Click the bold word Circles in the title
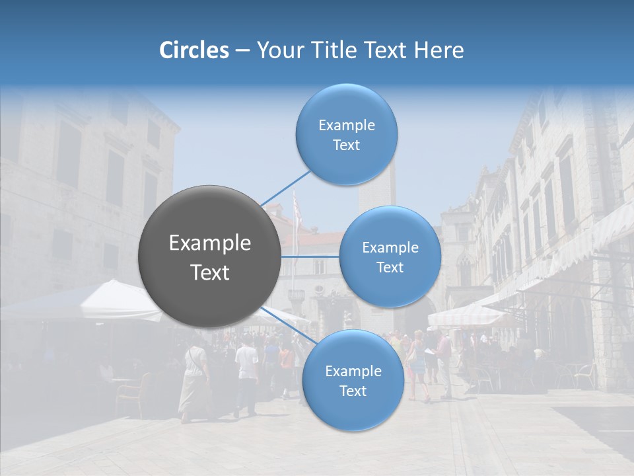coord(194,50)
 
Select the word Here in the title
coord(439,50)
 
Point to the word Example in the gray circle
coord(210,243)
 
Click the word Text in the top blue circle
coord(346,145)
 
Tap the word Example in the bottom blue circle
coord(353,371)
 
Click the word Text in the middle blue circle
coord(390,268)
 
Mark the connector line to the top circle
coord(286,187)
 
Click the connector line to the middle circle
coord(310,257)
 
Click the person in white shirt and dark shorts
coord(246,374)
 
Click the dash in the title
coord(242,51)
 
